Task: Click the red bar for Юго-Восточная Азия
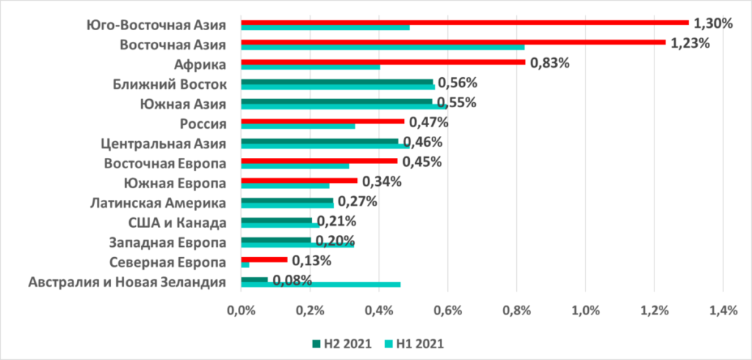[464, 22]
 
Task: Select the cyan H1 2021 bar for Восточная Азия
[382, 47]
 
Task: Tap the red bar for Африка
[383, 62]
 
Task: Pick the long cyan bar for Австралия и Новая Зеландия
[320, 284]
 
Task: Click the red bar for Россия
[322, 121]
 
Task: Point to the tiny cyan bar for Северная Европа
[245, 264]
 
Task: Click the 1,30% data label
[714, 23]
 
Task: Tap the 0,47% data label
[429, 122]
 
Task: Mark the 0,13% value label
[312, 260]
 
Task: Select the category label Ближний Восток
[170, 83]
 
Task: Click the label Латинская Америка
[158, 203]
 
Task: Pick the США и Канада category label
[173, 223]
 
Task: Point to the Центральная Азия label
[164, 143]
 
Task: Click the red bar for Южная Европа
[299, 181]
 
